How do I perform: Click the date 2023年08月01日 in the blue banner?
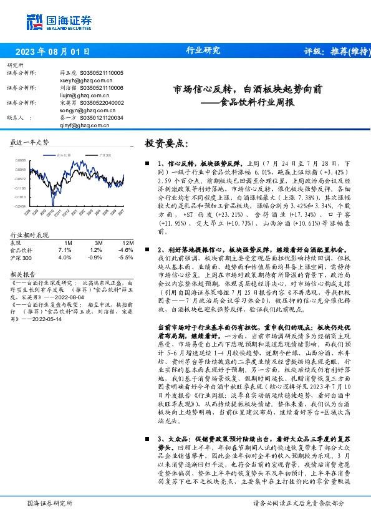click(x=52, y=52)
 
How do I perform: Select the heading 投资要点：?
click(x=166, y=143)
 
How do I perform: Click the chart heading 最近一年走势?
click(x=30, y=142)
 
